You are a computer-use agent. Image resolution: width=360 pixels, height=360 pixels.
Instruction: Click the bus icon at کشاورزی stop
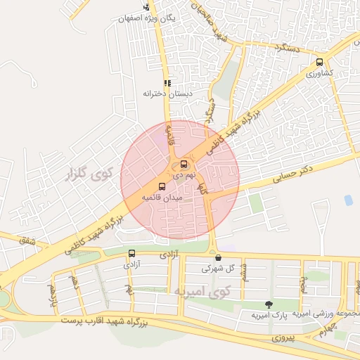tap(321, 62)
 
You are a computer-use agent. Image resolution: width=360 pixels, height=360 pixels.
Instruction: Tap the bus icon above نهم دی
tap(184, 165)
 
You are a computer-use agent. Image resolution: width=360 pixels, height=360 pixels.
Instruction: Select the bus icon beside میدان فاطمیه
tap(162, 187)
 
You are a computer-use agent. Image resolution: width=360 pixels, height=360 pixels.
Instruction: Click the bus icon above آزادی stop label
tap(131, 253)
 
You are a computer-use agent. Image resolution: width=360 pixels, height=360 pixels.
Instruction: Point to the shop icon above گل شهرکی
tap(218, 257)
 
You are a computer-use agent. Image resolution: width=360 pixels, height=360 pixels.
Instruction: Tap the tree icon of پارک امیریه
tap(268, 304)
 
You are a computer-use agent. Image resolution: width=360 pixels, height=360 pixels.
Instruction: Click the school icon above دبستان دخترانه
tap(167, 82)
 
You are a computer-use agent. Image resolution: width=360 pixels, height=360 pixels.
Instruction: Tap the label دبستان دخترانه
tap(162, 93)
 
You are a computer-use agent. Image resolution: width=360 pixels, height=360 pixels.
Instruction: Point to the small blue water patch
tap(348, 200)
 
